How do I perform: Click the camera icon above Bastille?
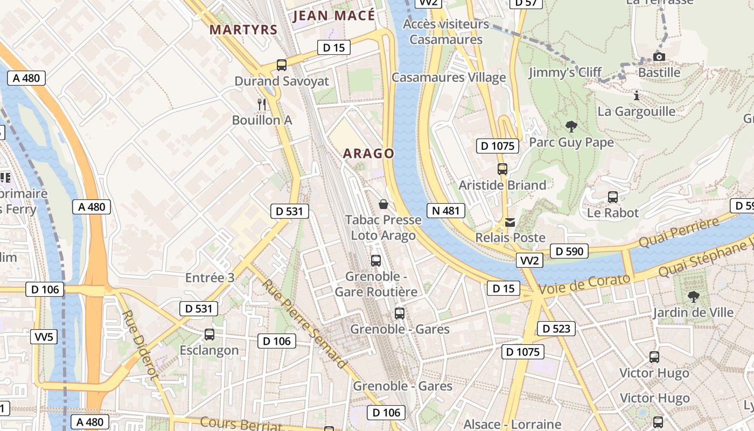coord(659,57)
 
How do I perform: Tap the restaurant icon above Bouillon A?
coord(262,103)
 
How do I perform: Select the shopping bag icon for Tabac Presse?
coord(383,204)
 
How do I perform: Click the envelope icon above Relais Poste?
coord(510,222)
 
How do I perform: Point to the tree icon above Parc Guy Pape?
coord(571,127)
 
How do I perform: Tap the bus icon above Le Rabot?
coord(612,197)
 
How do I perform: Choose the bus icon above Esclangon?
coord(210,335)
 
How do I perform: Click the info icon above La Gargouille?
coord(637,96)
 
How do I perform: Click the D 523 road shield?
coord(556,329)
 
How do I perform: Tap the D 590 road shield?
coord(569,251)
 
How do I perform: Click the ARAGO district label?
coord(369,154)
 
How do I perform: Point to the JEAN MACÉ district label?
coord(333,16)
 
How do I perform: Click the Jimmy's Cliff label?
coord(564,73)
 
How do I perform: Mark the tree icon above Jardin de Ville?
coord(694,296)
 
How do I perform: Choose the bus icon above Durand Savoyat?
coord(281,65)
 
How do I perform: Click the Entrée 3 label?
coord(210,278)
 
